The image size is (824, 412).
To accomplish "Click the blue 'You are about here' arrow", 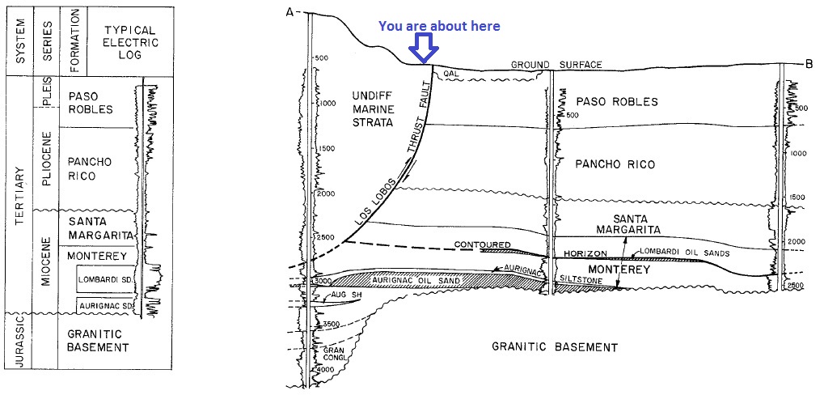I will click(423, 48).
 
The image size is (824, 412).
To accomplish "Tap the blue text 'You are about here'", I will click(439, 26).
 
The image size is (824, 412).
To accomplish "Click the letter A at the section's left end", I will click(289, 12).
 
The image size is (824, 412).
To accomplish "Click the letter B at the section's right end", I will click(809, 64).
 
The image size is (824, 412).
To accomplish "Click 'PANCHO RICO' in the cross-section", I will click(615, 164).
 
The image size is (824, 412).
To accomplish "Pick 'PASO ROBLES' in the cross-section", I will click(617, 102).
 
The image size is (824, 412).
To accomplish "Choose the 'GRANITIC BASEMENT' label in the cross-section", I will click(555, 347).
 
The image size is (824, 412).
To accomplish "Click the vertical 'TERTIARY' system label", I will click(18, 194).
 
